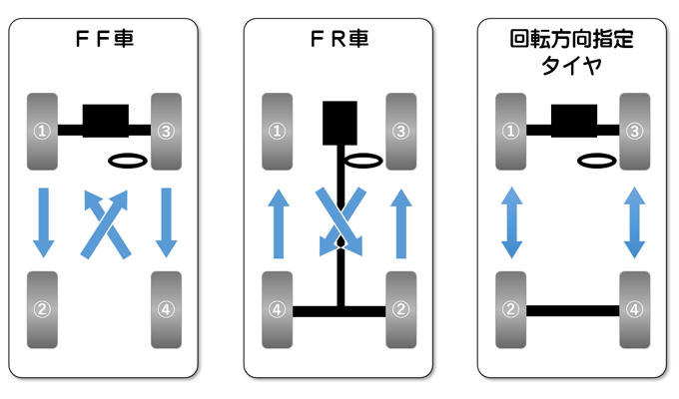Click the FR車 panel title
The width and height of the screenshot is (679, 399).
coord(338,42)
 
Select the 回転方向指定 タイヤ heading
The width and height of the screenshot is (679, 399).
coord(571,54)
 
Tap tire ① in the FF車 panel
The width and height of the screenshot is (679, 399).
coord(42,129)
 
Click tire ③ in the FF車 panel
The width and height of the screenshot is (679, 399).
coord(166,129)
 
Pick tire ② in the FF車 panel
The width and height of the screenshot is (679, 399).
coord(42,308)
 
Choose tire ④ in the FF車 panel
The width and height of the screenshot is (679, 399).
coord(166,308)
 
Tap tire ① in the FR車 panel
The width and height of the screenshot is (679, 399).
coord(277,129)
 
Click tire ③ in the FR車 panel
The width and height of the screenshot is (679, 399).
coord(400,129)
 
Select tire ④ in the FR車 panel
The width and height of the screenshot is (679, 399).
coord(277,308)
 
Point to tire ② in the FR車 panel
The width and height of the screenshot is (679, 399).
coord(400,308)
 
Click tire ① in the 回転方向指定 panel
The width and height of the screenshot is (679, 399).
coord(511,129)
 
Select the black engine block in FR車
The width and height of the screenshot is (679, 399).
coord(339,123)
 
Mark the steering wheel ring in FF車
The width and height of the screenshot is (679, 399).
coord(129,160)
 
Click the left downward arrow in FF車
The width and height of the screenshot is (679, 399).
coord(42,219)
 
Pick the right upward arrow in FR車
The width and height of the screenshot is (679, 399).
coord(400,224)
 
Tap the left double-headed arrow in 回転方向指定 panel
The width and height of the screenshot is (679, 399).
coord(511,221)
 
